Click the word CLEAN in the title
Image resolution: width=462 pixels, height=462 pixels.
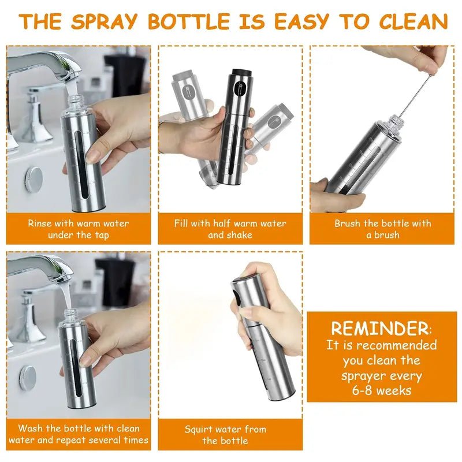(x=413, y=21)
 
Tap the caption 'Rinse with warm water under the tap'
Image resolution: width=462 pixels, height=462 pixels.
(x=79, y=229)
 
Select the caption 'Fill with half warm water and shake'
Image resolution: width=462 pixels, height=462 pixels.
(x=230, y=229)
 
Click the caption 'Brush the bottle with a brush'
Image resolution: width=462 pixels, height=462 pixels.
(x=382, y=229)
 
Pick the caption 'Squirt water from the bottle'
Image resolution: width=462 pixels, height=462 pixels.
(x=225, y=435)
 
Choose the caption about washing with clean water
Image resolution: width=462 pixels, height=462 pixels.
(x=79, y=434)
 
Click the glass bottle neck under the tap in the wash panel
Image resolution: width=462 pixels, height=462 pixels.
(x=70, y=316)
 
